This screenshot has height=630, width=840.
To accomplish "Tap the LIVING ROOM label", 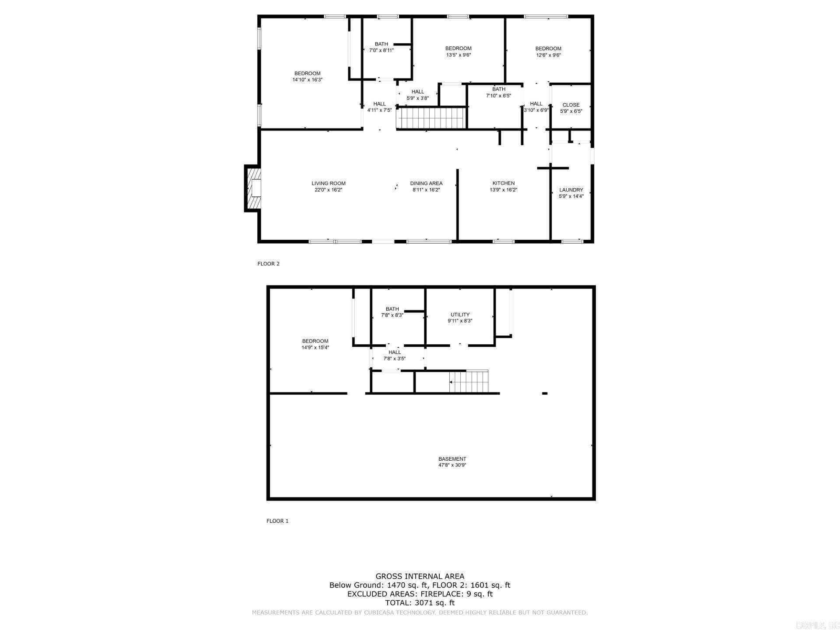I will pyautogui.click(x=328, y=183).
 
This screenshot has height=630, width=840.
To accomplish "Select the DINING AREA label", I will pyautogui.click(x=426, y=183).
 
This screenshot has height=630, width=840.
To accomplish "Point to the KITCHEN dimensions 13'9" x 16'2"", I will pyautogui.click(x=503, y=190).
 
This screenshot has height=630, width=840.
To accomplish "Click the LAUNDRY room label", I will pyautogui.click(x=571, y=190).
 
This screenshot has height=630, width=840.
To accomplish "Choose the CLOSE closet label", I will pyautogui.click(x=571, y=105).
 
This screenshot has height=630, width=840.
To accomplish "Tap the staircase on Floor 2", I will pyautogui.click(x=431, y=119).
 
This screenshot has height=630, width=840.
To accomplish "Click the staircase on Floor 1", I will pyautogui.click(x=469, y=381).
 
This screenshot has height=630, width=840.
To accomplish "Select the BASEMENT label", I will pyautogui.click(x=452, y=459).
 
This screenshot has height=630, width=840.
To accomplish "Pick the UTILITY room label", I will pyautogui.click(x=460, y=315).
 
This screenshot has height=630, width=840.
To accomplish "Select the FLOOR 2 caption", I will pyautogui.click(x=268, y=264).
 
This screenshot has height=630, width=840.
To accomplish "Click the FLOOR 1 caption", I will pyautogui.click(x=277, y=521).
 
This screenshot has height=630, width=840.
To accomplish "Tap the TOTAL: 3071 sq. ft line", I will pyautogui.click(x=420, y=603).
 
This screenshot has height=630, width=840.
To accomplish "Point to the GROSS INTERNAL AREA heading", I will pyautogui.click(x=420, y=576).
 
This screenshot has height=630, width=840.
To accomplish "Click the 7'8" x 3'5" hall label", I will pyautogui.click(x=394, y=355).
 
